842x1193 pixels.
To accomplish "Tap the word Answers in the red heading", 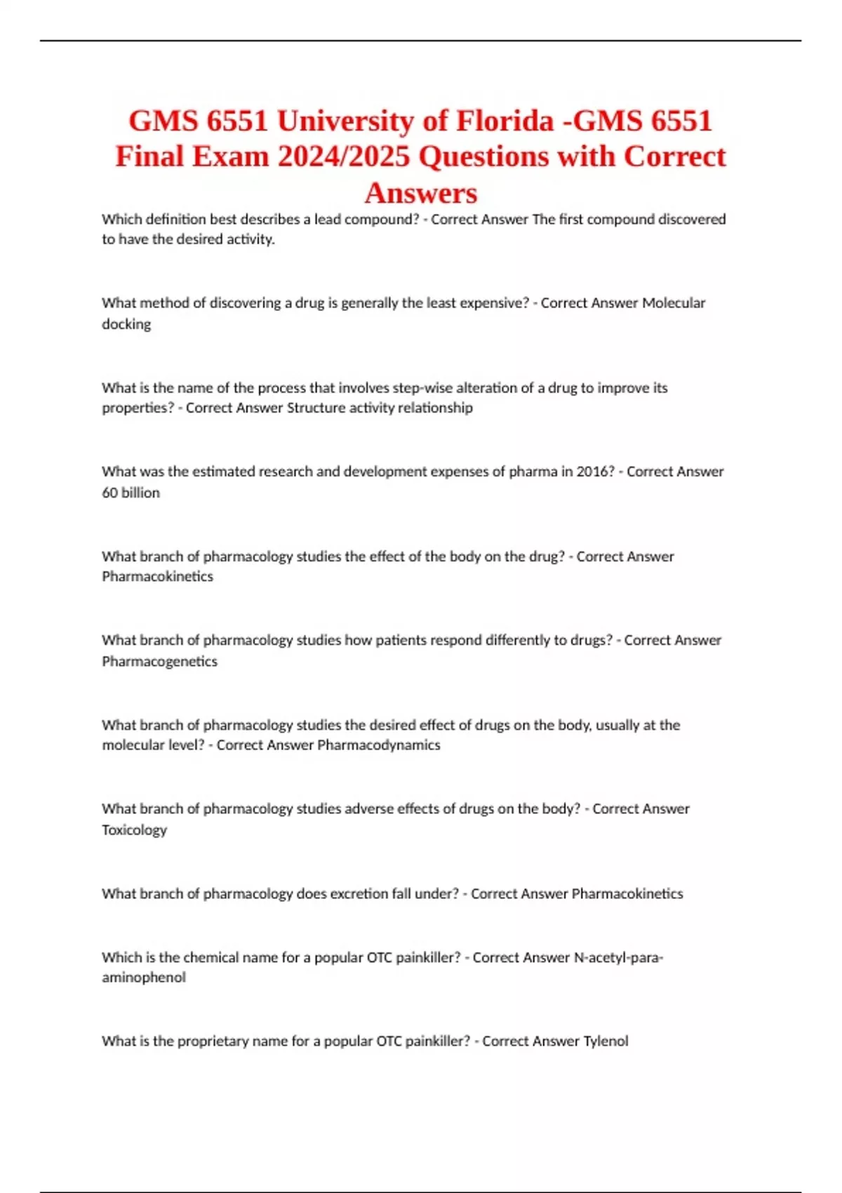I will click(421, 192).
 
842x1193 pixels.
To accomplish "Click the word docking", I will click(126, 324).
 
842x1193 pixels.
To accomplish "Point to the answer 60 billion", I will click(131, 493).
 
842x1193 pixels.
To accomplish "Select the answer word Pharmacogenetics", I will click(160, 661).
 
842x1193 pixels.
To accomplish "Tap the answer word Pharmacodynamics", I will click(379, 745).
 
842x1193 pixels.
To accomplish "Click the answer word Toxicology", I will click(135, 829).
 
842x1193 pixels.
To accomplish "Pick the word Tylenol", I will click(606, 1041).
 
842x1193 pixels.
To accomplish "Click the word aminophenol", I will click(144, 978).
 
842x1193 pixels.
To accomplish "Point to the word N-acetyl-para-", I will click(618, 957).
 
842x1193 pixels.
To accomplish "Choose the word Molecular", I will click(674, 303).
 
